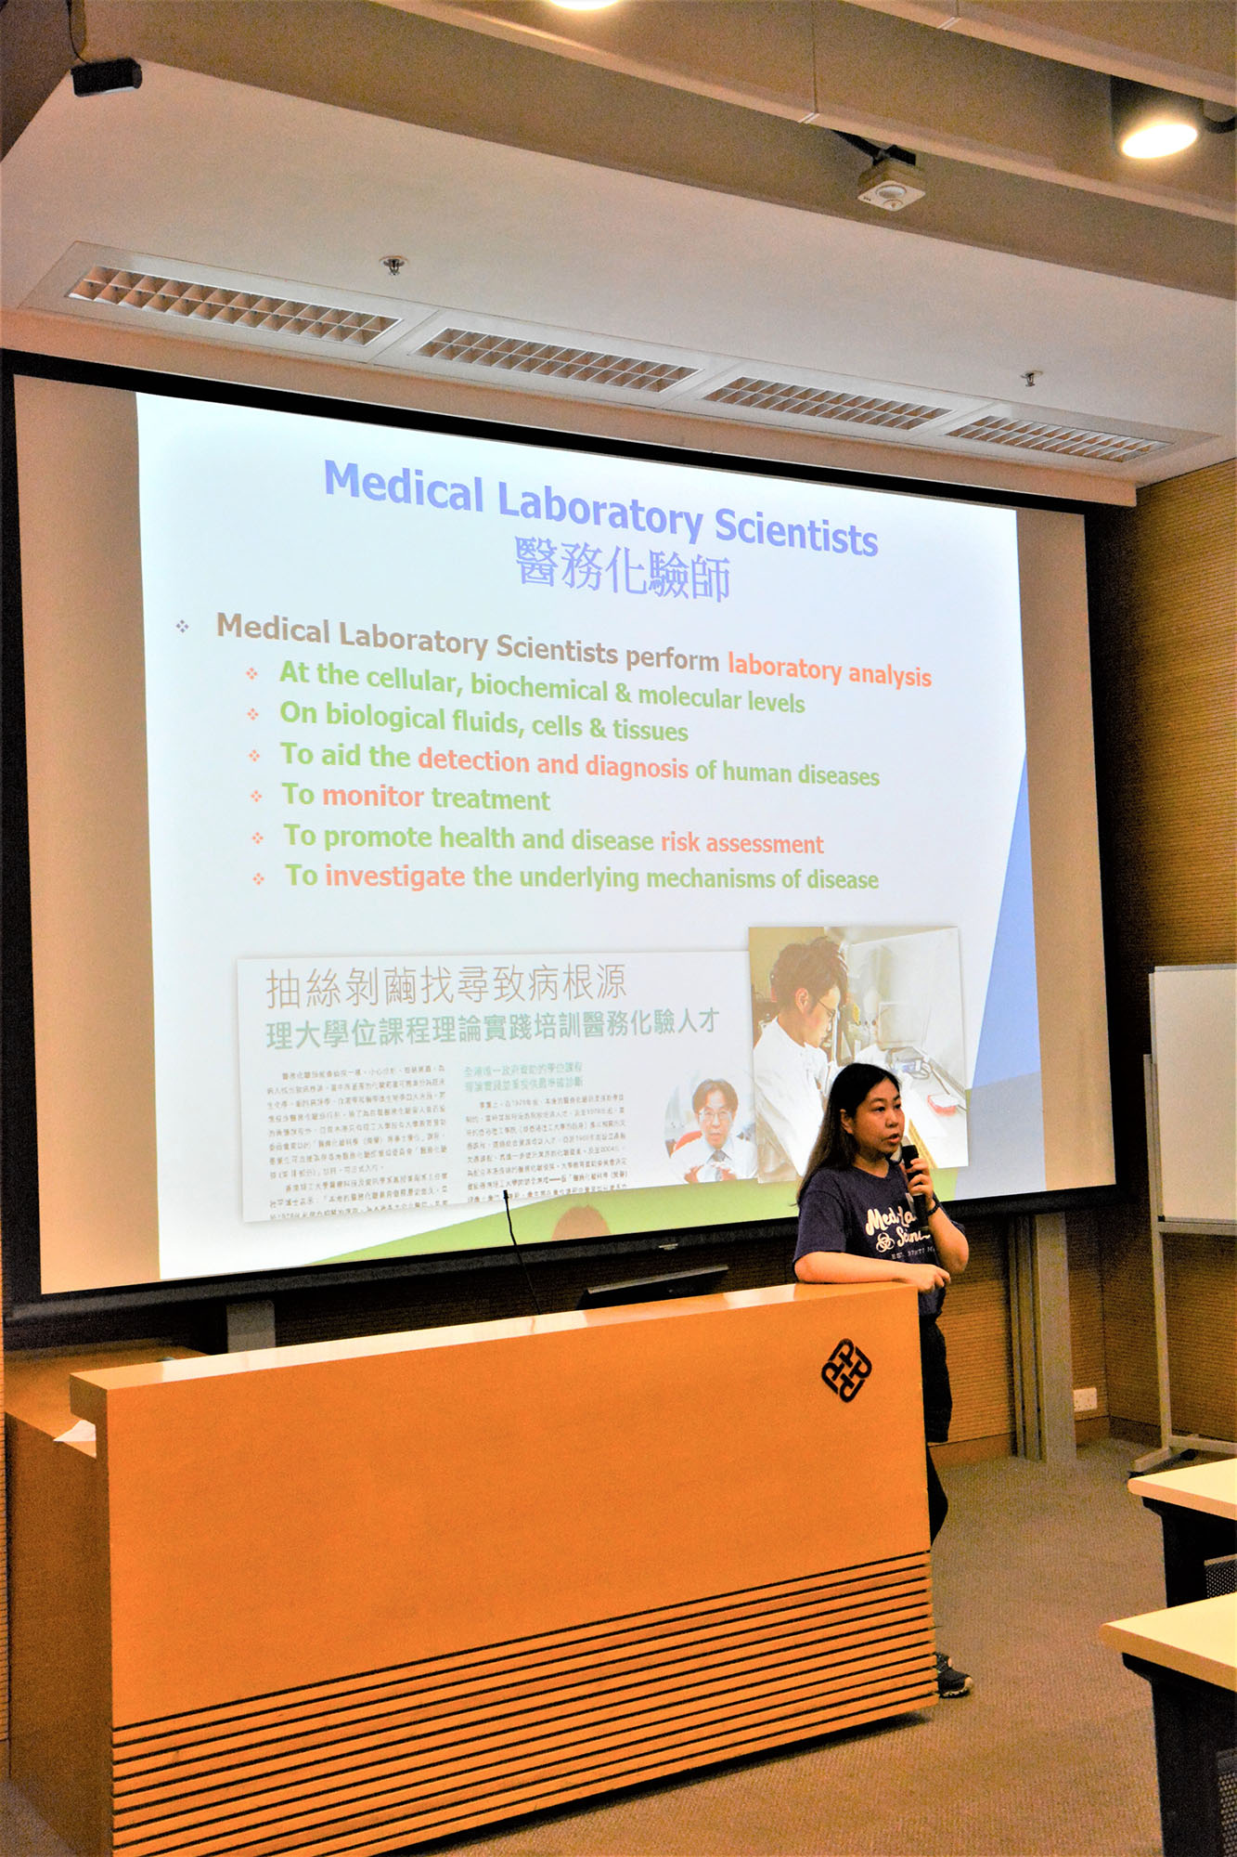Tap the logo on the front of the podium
pos(846,1369)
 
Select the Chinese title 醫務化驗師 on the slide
pos(623,569)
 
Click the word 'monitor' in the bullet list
pos(373,797)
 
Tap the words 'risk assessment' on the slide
pos(741,843)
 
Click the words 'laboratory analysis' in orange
pos(829,670)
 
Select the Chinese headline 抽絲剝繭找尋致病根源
pos(445,985)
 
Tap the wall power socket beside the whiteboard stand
pos(1083,1398)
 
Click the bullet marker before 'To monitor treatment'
pos(256,797)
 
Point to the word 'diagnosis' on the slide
pos(637,767)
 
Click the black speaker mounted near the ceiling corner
pos(106,76)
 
